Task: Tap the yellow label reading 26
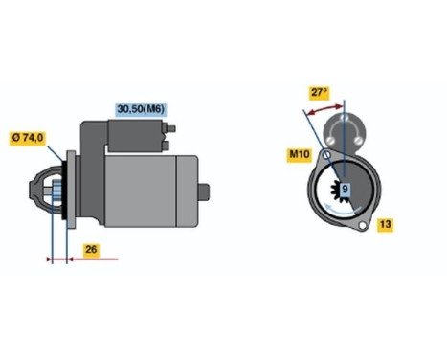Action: pos(90,251)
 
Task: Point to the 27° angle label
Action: pos(319,93)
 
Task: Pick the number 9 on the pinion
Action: pos(345,190)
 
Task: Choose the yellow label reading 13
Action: pos(384,225)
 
